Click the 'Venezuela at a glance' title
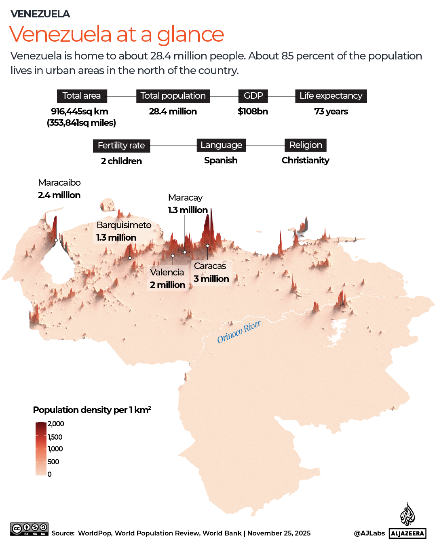(x=116, y=34)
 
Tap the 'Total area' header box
(x=82, y=96)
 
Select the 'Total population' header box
(x=173, y=96)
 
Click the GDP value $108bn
(x=253, y=112)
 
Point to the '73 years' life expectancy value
(x=331, y=112)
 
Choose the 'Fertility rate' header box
(x=121, y=146)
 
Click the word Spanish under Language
(x=221, y=161)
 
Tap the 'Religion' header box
(x=306, y=145)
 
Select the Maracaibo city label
(x=59, y=183)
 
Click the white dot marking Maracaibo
(x=56, y=240)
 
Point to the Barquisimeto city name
(x=124, y=225)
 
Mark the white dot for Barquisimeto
(x=130, y=258)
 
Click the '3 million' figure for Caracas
(x=211, y=279)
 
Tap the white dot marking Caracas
(x=207, y=245)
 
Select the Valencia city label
(x=167, y=273)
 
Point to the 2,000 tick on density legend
(x=56, y=424)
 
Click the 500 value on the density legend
(x=53, y=462)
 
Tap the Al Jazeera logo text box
(x=407, y=533)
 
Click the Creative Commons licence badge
(x=30, y=529)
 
